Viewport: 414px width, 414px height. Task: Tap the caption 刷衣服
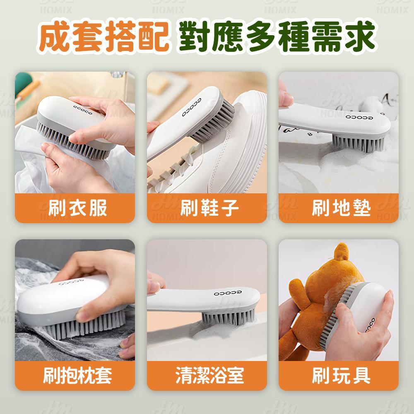[x=77, y=208]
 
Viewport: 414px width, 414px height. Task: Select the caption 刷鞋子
[x=209, y=208]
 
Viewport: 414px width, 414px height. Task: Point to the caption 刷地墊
[x=341, y=208]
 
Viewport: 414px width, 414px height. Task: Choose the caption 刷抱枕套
[x=77, y=375]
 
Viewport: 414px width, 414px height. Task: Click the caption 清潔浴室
[x=209, y=375]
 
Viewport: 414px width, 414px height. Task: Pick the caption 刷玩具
[x=341, y=375]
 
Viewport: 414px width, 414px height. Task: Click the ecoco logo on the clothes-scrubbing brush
[x=83, y=110]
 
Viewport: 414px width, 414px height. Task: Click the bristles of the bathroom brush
[x=229, y=318]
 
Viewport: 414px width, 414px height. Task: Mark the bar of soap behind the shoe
[x=158, y=83]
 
